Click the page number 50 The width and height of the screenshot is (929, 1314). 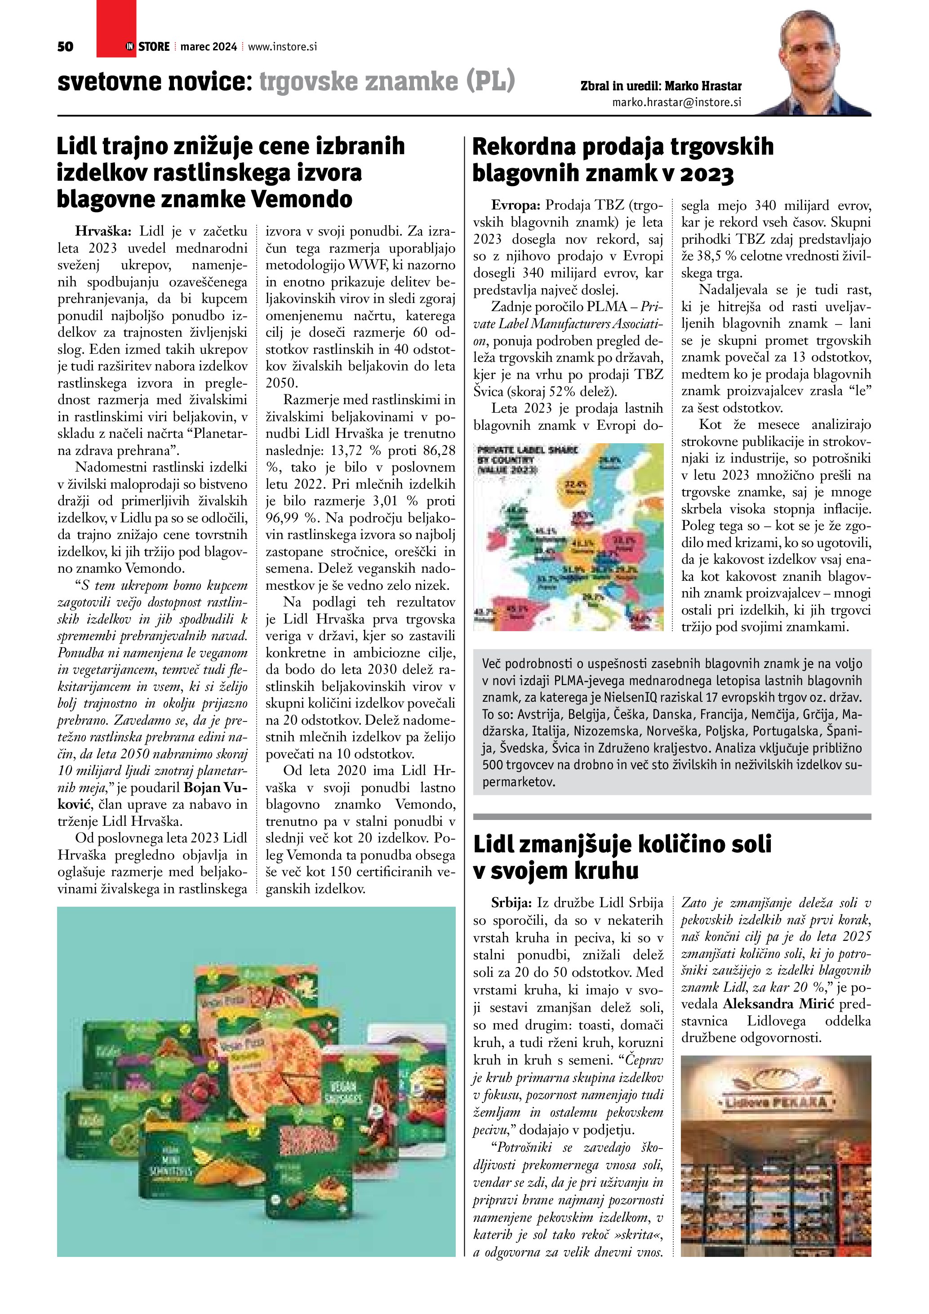click(65, 47)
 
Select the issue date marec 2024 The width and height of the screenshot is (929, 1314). click(208, 47)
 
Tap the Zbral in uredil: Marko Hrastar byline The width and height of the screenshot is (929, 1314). click(661, 86)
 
